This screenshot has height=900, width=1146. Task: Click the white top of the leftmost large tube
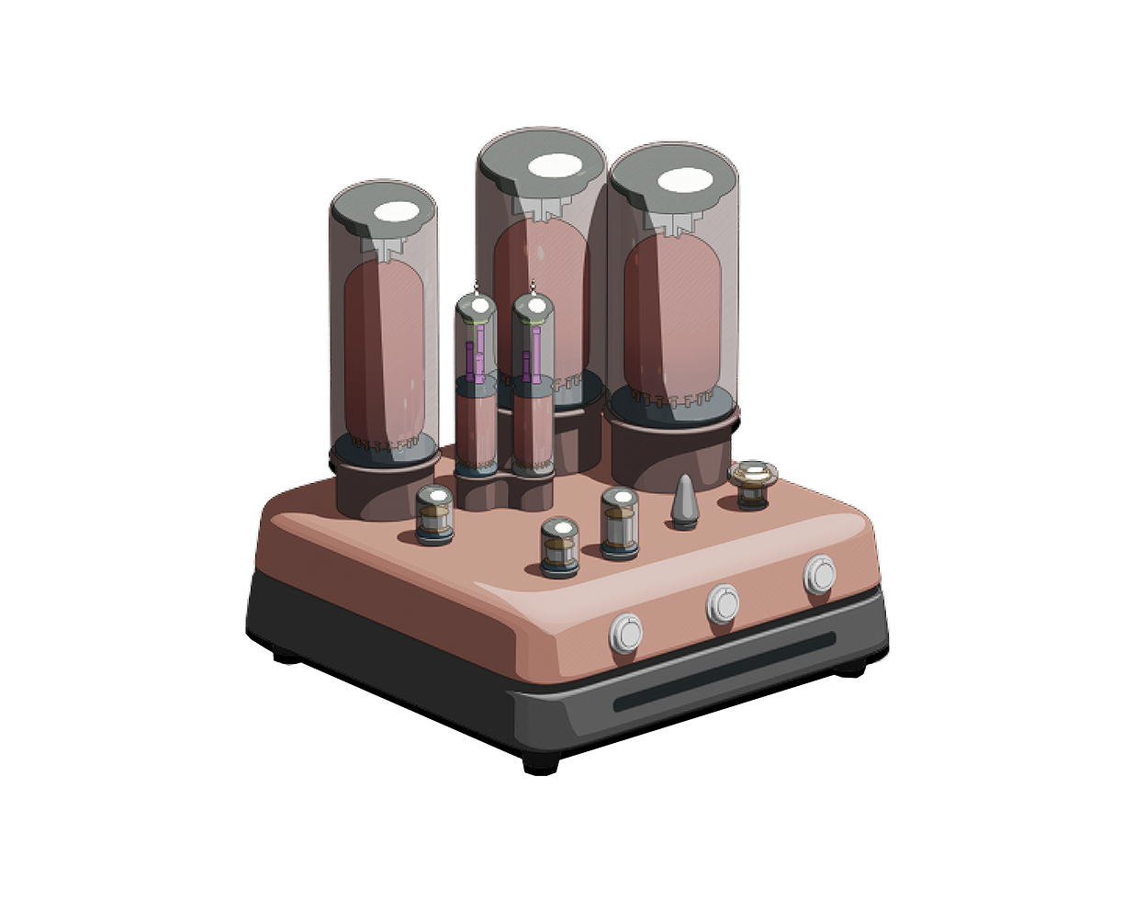(x=398, y=211)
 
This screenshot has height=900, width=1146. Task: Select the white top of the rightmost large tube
(x=686, y=181)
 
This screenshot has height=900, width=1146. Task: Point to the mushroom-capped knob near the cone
(x=752, y=482)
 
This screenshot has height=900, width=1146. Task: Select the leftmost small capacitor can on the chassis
(x=434, y=515)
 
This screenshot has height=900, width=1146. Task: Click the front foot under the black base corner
(x=541, y=758)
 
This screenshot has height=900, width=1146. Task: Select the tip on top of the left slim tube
(x=476, y=288)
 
